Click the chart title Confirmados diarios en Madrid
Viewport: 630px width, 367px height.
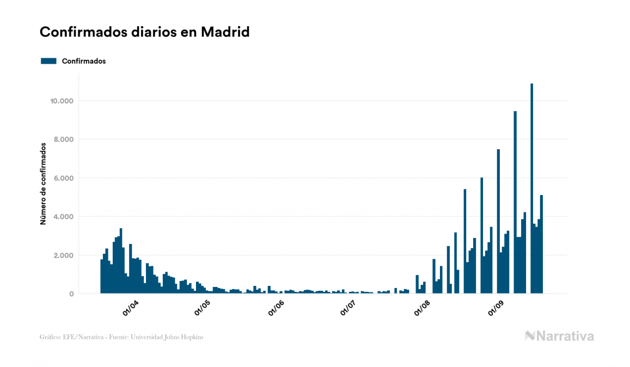[x=144, y=32]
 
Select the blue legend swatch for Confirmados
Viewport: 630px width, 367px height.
[x=48, y=61]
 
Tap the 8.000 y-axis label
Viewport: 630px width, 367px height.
[x=63, y=140]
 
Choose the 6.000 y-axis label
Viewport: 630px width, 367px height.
[x=63, y=179]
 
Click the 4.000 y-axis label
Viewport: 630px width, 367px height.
[x=63, y=217]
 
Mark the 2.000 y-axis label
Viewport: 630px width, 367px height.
[x=63, y=256]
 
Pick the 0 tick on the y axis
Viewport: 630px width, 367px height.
[x=71, y=294]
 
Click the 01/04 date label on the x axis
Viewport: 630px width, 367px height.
[x=131, y=308]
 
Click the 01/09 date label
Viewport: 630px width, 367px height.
[x=496, y=308]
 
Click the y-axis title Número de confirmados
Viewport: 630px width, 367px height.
[x=43, y=184]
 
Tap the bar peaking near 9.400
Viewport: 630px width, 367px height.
[x=515, y=202]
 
